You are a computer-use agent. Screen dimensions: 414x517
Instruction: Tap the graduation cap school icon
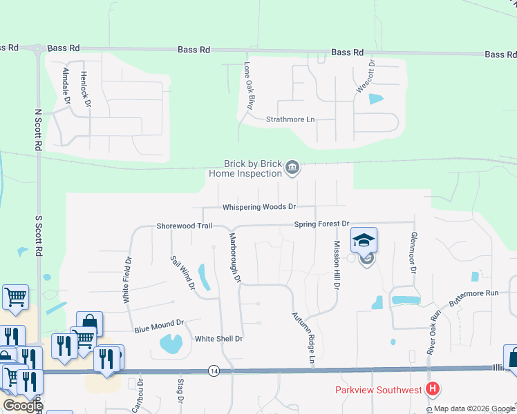tap(364, 240)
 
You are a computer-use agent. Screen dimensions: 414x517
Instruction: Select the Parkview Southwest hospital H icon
tap(432, 390)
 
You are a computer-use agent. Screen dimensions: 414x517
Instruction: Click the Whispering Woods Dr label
tap(258, 207)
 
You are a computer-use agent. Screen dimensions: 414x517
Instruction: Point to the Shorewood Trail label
tap(183, 226)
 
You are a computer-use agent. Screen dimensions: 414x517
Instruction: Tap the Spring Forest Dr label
tap(322, 224)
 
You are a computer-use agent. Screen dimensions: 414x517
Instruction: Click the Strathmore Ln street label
tap(290, 119)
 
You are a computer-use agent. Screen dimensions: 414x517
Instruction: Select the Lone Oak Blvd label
tap(250, 87)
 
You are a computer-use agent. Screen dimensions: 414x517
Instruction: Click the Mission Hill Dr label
tap(337, 266)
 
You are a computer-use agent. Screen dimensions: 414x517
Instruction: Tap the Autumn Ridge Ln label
tap(305, 338)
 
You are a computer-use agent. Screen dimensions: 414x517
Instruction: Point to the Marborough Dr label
tap(235, 257)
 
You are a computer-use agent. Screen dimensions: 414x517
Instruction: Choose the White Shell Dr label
tap(218, 339)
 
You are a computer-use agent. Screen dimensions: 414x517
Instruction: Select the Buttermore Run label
tap(473, 293)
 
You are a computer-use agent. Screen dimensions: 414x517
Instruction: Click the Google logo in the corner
tap(23, 405)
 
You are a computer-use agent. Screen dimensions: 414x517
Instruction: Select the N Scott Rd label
tap(38, 130)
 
